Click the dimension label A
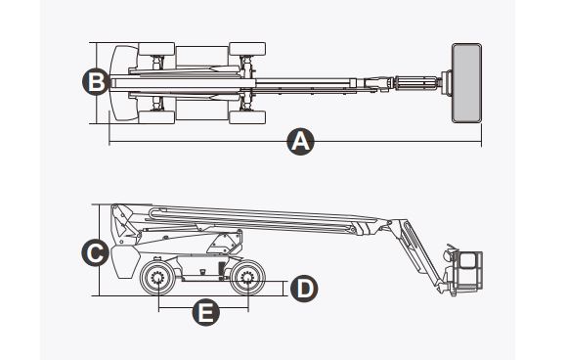pyautogui.click(x=301, y=142)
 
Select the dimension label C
pyautogui.click(x=95, y=253)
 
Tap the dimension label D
pyautogui.click(x=304, y=288)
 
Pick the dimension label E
pyautogui.click(x=203, y=313)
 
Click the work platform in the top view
pyautogui.click(x=465, y=82)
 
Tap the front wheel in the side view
pyautogui.click(x=245, y=282)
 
